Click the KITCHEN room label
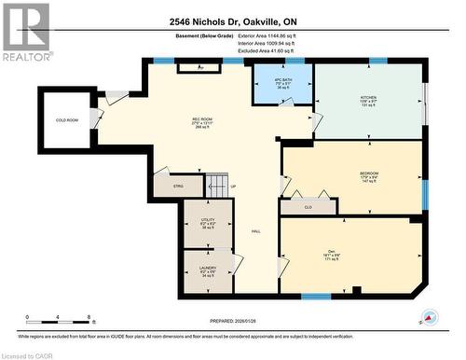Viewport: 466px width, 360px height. (x=367, y=96)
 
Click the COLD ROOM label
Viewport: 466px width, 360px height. (x=67, y=120)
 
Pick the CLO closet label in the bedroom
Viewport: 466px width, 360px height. (x=308, y=207)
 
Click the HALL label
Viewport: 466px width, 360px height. (x=254, y=231)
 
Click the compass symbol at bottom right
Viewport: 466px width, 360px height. (x=429, y=318)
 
